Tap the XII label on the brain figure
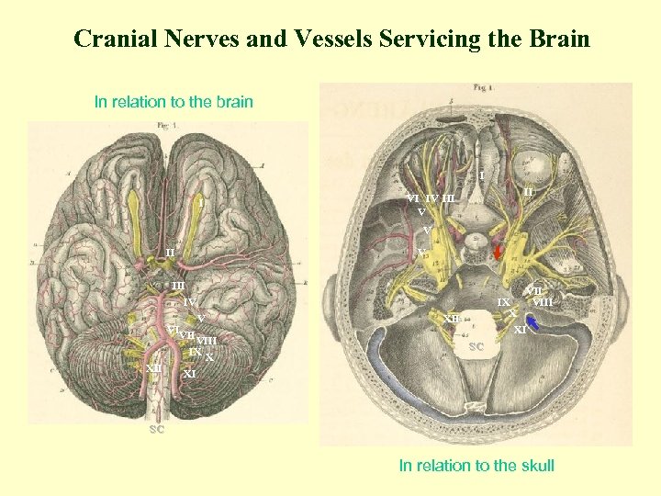click(153, 368)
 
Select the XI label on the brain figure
click(189, 374)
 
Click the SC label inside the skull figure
click(476, 347)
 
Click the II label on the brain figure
click(170, 253)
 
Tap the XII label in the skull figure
click(452, 319)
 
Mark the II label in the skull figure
click(529, 191)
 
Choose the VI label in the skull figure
click(413, 198)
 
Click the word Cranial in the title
click(108, 39)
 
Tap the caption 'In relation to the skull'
click(476, 466)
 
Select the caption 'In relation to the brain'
click(174, 102)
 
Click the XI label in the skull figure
click(520, 329)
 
